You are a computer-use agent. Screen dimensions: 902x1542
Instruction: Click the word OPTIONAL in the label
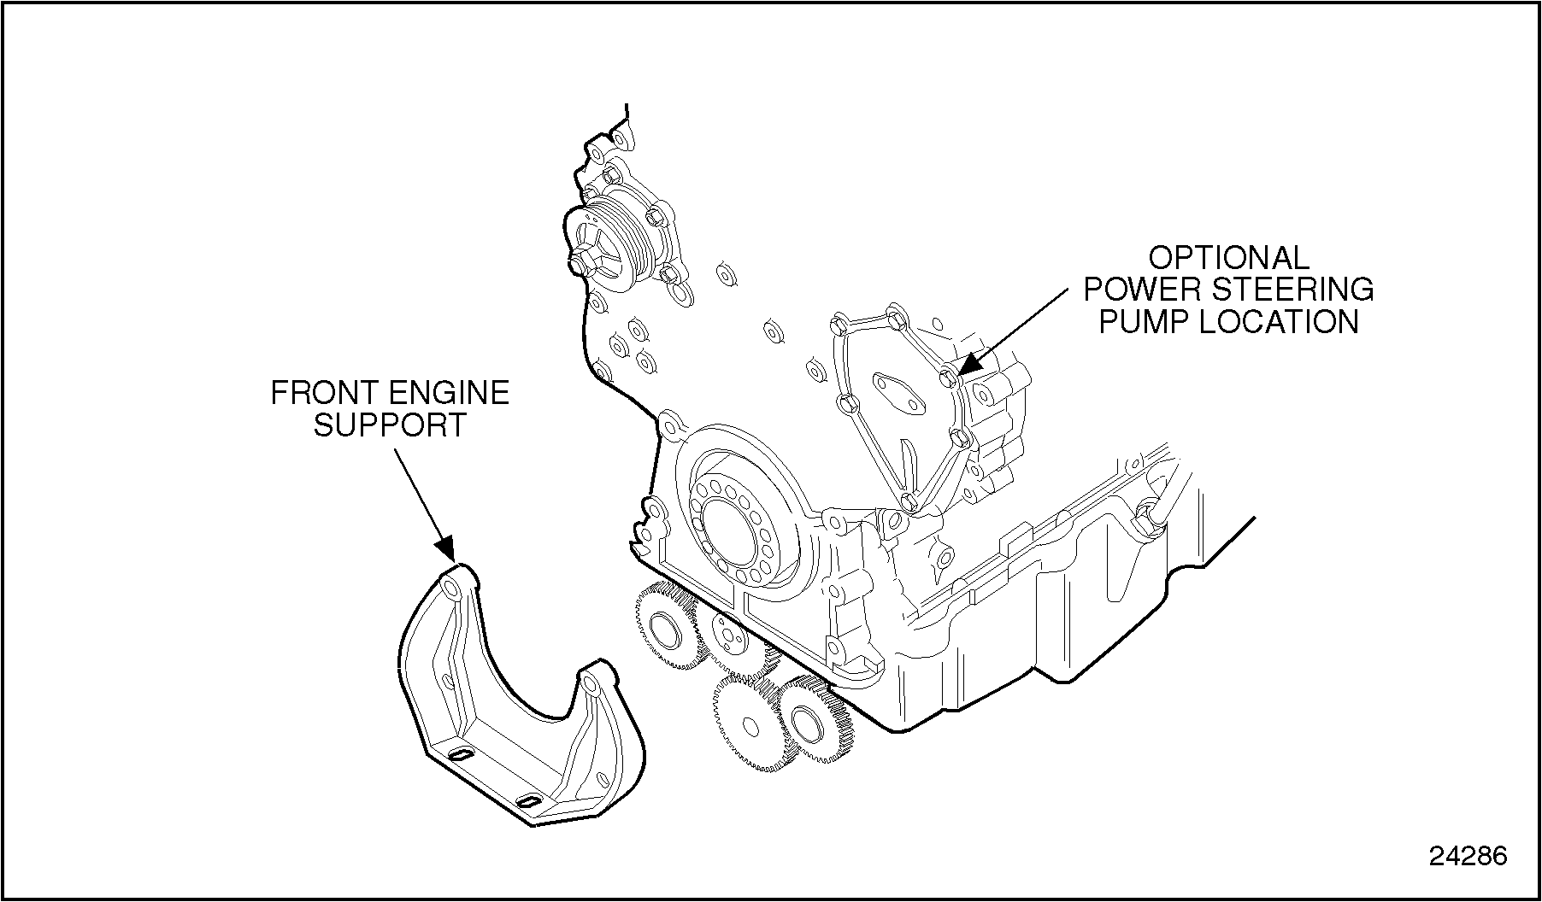[x=1228, y=258]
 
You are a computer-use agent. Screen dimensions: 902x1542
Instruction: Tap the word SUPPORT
[x=389, y=425]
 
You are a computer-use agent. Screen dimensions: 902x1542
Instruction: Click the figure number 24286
[x=1468, y=856]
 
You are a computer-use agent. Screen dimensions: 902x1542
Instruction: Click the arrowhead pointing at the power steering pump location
[x=969, y=363]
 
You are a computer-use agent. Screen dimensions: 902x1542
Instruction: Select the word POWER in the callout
[x=1144, y=290]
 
